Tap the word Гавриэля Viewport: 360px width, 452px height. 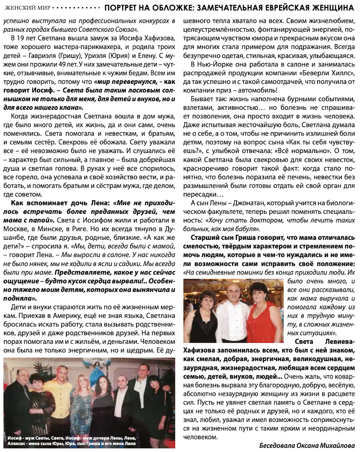pyautogui.click(x=42, y=55)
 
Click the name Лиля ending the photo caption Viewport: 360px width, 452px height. pyautogui.click(x=130, y=444)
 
